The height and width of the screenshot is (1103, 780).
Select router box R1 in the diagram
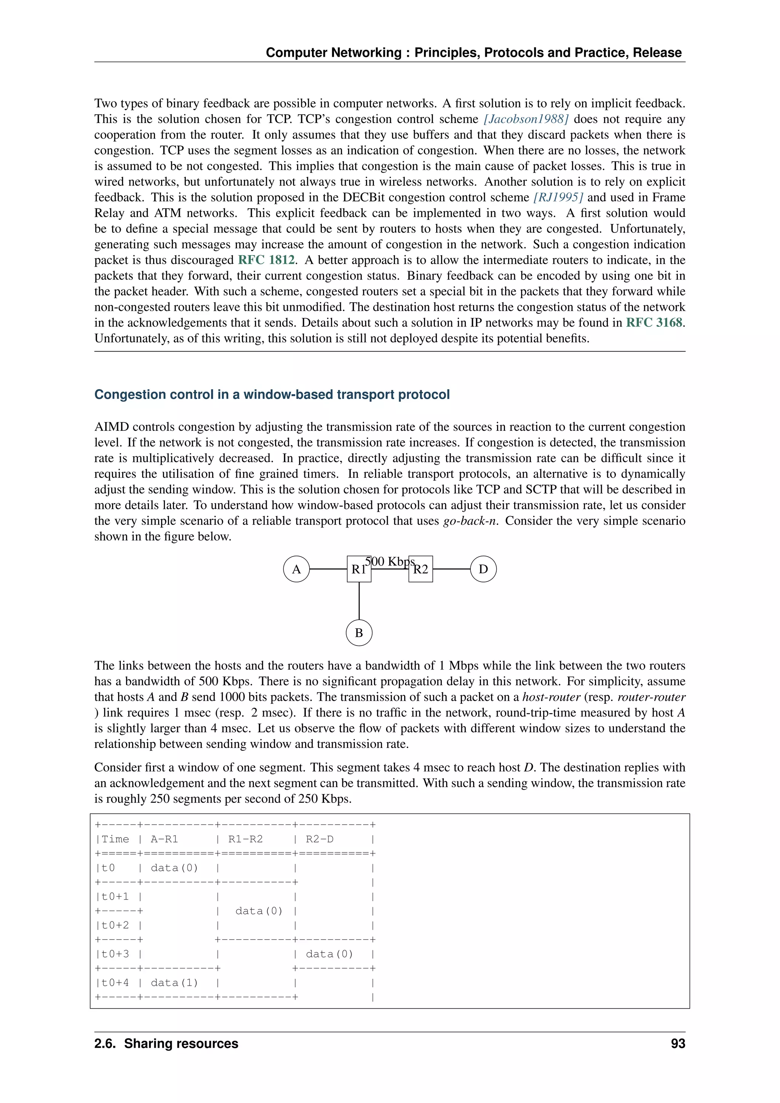click(x=359, y=569)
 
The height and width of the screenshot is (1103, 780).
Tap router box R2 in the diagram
click(x=421, y=569)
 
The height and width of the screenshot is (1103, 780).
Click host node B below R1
click(x=359, y=633)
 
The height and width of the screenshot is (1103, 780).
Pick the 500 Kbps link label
click(x=390, y=561)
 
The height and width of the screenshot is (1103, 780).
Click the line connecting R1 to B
click(x=359, y=601)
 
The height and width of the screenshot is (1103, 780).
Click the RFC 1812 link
click(x=267, y=260)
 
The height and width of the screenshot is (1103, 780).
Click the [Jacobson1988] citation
click(x=526, y=119)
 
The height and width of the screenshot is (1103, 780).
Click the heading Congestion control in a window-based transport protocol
click(x=272, y=395)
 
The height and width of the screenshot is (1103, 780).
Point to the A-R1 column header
click(x=164, y=839)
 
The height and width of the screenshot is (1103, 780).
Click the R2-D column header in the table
click(x=320, y=839)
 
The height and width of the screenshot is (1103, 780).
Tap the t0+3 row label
click(x=115, y=954)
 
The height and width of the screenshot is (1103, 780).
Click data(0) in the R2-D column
click(x=329, y=954)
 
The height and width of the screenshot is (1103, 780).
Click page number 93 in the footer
click(x=678, y=1044)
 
